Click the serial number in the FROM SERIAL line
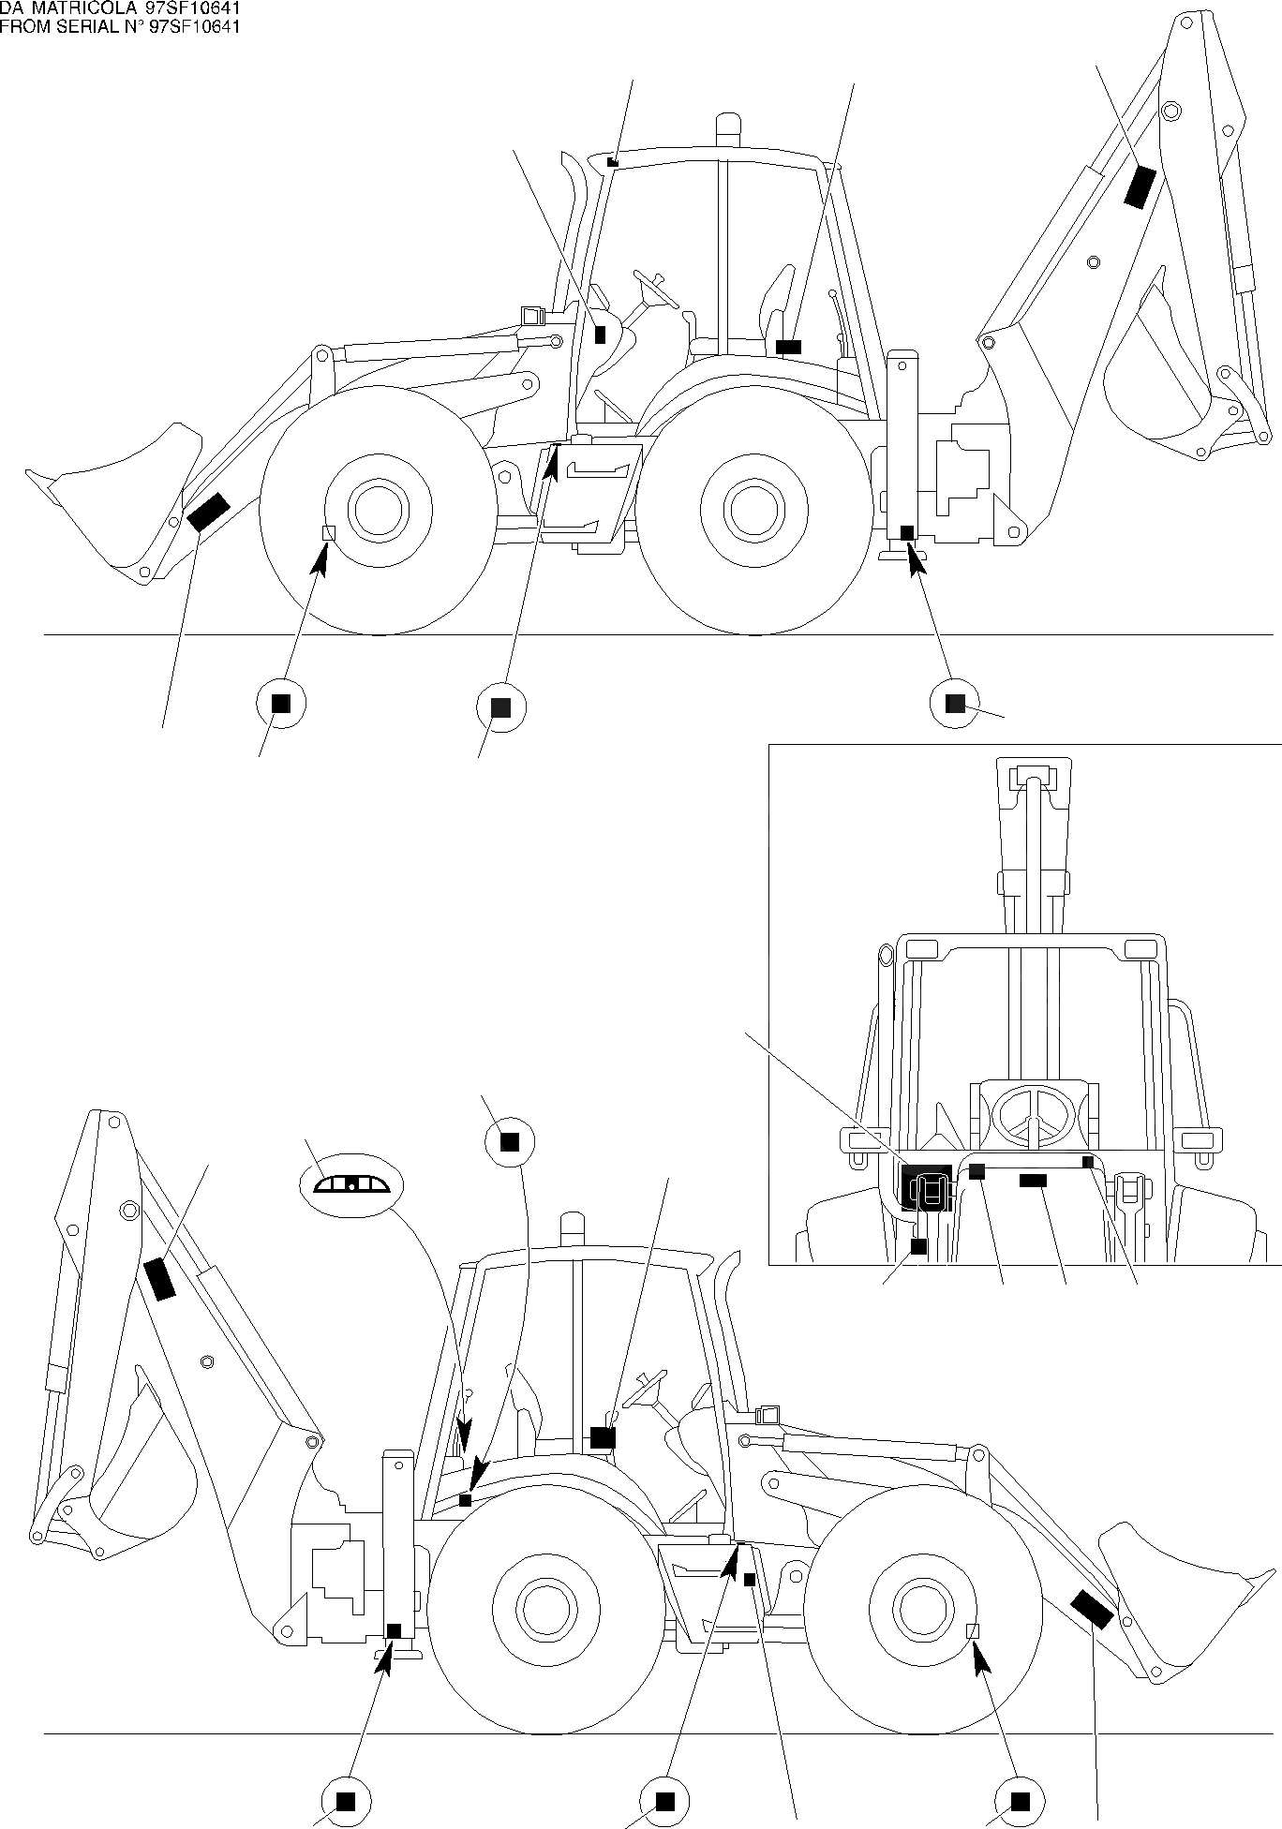(197, 26)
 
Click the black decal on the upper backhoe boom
(1140, 186)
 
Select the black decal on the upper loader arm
(208, 512)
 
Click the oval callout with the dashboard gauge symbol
(350, 1185)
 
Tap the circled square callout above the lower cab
(509, 1141)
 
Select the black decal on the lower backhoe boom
(159, 1280)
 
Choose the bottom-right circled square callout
(1021, 1800)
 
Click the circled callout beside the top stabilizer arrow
(954, 704)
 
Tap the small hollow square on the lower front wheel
(973, 1631)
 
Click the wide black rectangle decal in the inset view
(1033, 1182)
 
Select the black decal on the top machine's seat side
(789, 348)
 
